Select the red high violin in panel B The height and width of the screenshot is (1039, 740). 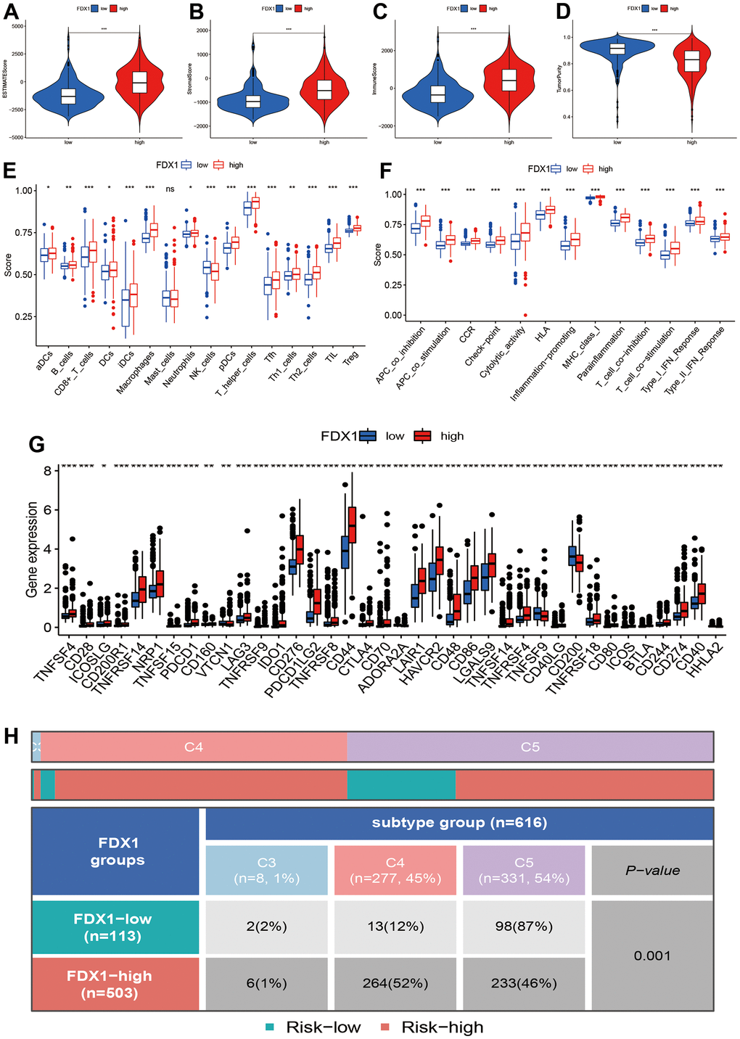[x=324, y=87]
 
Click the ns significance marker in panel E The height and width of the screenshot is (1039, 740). [x=170, y=189]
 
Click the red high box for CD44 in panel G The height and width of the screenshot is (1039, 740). [x=353, y=524]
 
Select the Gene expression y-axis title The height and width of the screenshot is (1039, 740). [x=32, y=549]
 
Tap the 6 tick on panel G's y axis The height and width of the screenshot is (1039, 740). [x=47, y=510]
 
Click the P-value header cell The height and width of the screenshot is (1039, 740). [x=652, y=870]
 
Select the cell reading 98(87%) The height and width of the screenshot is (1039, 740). [x=524, y=927]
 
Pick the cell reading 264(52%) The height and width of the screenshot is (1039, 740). [x=395, y=983]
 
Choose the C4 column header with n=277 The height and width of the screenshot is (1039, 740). [x=395, y=870]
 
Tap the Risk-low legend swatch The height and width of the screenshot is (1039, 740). [x=270, y=1027]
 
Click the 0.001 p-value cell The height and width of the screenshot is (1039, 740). [x=652, y=956]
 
